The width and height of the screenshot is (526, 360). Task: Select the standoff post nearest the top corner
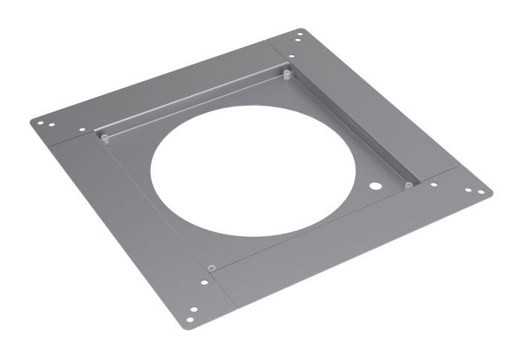(x=287, y=74)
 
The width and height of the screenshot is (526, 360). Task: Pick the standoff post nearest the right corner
(x=408, y=184)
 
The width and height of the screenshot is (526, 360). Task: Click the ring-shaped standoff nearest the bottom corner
(x=212, y=267)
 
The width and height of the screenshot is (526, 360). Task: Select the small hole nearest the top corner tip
(x=299, y=35)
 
